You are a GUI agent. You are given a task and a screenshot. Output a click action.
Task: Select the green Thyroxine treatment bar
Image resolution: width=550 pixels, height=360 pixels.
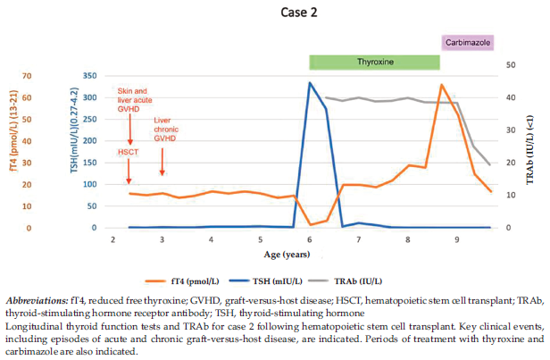375,63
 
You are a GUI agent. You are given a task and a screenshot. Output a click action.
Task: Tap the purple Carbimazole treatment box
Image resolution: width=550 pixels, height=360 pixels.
468,42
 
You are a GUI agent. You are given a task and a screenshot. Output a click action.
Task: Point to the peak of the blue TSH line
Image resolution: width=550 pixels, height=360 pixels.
310,83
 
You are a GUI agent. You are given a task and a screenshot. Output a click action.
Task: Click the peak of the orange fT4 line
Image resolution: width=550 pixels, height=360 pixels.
441,85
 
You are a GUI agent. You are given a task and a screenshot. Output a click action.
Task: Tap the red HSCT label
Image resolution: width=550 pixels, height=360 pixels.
129,153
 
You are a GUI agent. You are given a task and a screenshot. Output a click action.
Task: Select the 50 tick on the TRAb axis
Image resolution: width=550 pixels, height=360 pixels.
509,65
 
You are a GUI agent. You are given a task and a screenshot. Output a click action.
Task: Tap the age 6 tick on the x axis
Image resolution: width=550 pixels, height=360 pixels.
309,240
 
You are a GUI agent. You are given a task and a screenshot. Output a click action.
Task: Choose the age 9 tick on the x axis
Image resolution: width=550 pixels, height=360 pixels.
457,240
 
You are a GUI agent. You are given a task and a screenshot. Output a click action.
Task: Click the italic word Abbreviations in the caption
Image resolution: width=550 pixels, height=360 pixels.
34,300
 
